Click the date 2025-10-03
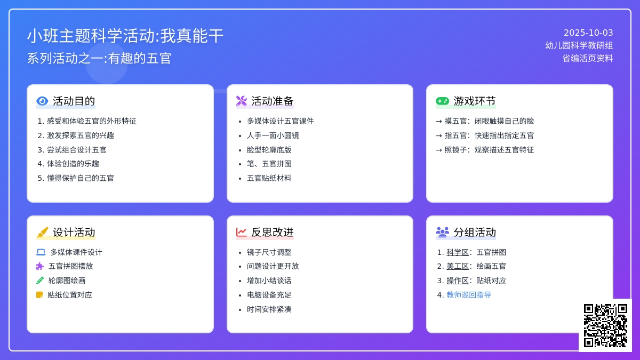coord(588,33)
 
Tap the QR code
coord(605,325)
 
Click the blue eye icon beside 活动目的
coord(42,101)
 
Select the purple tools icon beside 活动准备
coord(242,101)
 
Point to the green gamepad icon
coord(442,101)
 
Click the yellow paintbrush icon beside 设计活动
coord(42,232)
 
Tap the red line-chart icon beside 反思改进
coord(241,232)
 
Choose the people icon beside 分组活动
coord(442,232)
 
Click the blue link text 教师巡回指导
coord(469,295)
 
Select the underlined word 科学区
coord(458,252)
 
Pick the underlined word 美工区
coord(458,266)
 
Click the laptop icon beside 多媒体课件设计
coord(41,252)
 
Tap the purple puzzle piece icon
coord(40,266)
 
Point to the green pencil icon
coord(40,281)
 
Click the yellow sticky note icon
coord(39,295)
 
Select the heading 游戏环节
coord(475,101)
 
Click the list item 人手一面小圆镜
coord(273,135)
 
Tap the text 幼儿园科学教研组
coord(579,45)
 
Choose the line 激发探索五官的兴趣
coord(81,135)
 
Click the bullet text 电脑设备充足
coord(269,295)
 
